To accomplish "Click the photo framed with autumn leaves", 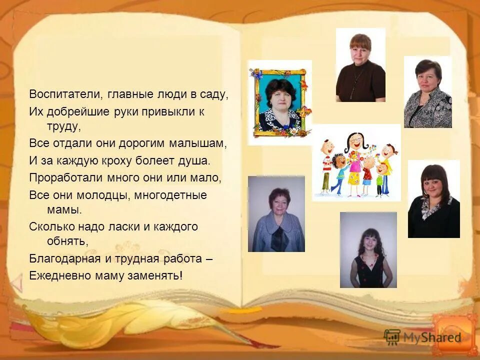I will tap(279, 103).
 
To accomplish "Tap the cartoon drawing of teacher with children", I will tap(356, 162).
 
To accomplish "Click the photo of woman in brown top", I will tap(360, 65).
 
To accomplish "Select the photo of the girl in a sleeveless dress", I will tap(368, 250).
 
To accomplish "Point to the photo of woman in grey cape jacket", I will tap(276, 214).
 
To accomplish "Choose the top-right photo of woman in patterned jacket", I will tap(427, 92).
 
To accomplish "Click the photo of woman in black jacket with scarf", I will tap(433, 199).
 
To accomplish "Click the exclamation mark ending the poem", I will tap(181, 275).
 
